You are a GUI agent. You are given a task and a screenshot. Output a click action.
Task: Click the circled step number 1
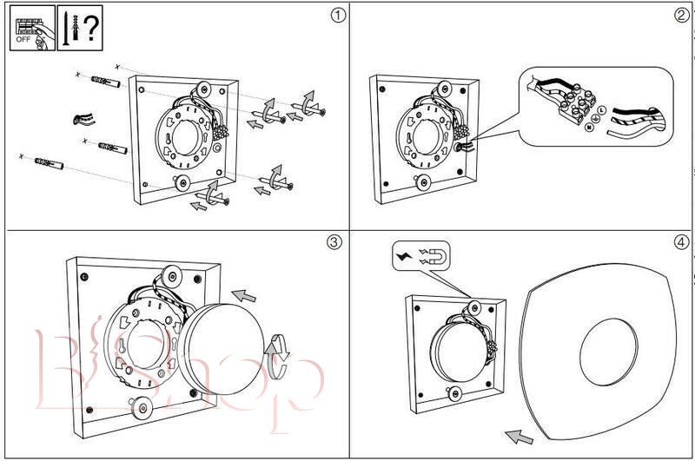tap(335, 16)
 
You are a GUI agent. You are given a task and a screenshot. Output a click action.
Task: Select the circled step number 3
tap(335, 242)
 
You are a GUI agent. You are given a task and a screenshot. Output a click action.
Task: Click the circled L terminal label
tap(601, 109)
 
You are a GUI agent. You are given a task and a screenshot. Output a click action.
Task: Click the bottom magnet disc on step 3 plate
tap(138, 405)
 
